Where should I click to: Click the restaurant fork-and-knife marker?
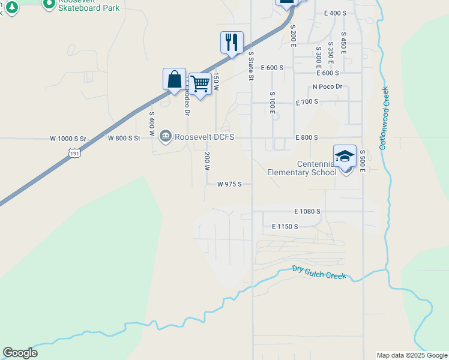(232, 43)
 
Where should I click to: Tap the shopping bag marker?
(174, 80)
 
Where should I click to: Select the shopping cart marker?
(200, 83)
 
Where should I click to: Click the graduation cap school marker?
(345, 156)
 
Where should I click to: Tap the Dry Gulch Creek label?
(319, 273)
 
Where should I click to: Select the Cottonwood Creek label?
(385, 118)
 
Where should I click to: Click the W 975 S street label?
(229, 184)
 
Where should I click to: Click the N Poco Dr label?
(327, 87)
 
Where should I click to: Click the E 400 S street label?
(336, 13)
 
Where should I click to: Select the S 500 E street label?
(363, 161)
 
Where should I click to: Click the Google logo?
(20, 353)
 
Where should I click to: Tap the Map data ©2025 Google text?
(412, 355)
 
